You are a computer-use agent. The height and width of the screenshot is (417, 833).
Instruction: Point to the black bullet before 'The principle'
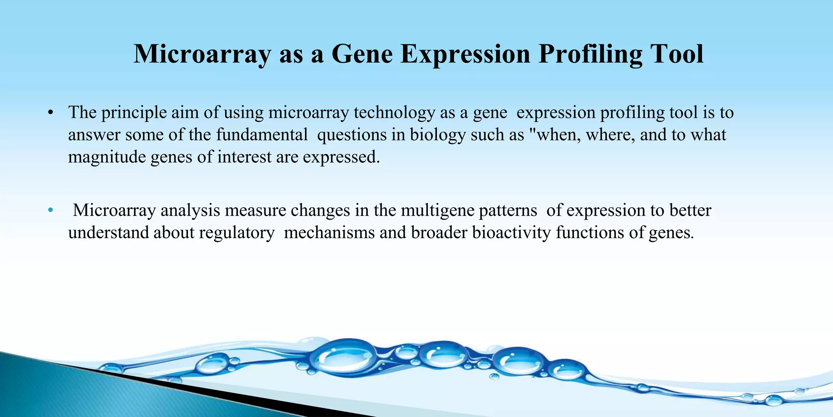pos(50,113)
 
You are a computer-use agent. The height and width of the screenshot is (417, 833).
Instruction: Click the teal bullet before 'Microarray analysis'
pos(50,211)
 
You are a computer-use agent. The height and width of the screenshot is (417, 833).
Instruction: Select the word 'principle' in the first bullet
pos(134,113)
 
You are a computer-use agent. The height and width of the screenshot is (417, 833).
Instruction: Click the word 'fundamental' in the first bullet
pos(262,135)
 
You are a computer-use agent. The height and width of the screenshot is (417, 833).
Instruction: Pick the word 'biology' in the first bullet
pos(437,135)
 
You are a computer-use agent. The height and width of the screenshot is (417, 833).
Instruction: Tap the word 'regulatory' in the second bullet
pos(237,233)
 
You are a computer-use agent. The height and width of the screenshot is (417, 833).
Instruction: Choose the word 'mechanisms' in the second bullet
pos(329,233)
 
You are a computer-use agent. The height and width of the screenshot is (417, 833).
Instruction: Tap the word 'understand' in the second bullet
pos(108,233)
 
